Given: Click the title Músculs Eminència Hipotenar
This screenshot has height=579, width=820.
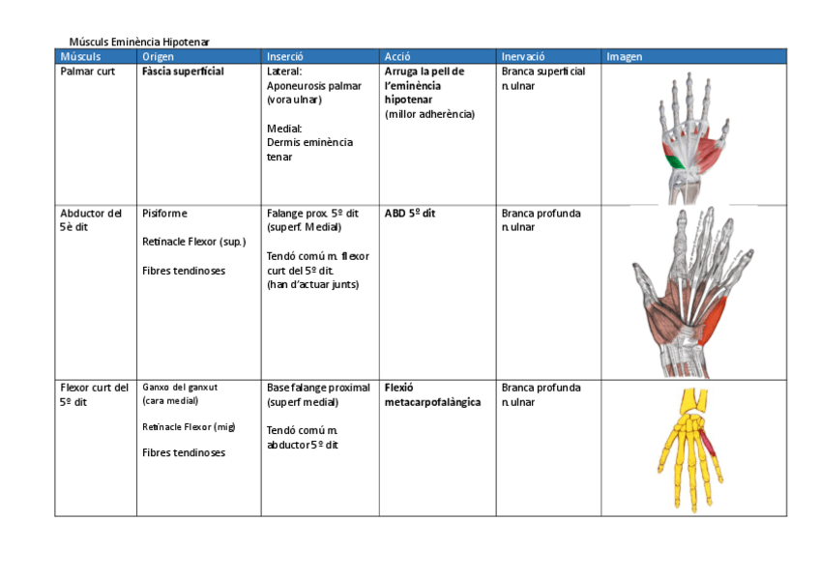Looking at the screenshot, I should [x=139, y=42].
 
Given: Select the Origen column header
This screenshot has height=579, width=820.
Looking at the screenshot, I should [x=158, y=56].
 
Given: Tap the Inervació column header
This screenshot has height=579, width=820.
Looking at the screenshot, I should [x=523, y=56].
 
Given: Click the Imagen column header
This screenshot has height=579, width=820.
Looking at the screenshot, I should [x=624, y=56].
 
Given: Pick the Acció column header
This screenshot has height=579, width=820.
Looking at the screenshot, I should [x=397, y=56].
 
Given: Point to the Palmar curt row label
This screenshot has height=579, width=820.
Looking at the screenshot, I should [x=87, y=72].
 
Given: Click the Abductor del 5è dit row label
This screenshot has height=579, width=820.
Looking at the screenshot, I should [x=91, y=220].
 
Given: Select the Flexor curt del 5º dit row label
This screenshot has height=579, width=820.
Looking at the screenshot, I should [x=94, y=394].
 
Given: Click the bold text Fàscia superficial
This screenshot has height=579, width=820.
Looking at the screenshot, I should [x=183, y=72].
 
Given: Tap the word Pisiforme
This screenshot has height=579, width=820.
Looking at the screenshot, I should [x=164, y=214].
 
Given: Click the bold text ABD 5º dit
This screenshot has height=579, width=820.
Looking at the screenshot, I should [x=409, y=214].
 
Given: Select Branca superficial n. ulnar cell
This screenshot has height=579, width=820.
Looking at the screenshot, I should [x=542, y=78].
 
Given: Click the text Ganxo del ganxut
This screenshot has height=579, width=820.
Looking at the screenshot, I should [x=180, y=388].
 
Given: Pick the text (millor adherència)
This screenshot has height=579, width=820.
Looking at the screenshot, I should [x=429, y=114].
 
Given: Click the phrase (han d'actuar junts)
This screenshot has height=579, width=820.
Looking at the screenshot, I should [x=312, y=284].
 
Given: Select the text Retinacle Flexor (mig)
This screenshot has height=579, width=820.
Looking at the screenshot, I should [x=189, y=426].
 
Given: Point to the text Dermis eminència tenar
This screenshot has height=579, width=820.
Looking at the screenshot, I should [x=309, y=149].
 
